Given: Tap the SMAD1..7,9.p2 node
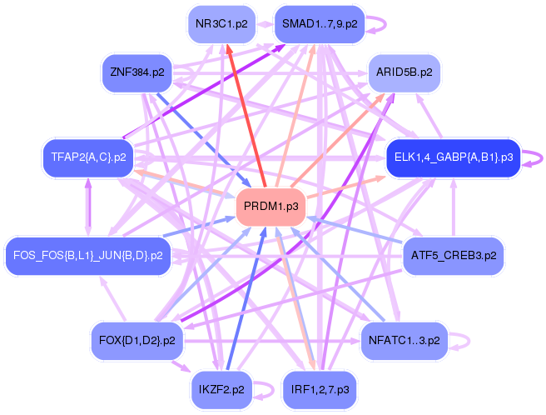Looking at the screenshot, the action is (x=320, y=23).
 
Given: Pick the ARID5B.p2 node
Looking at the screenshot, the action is (x=404, y=72).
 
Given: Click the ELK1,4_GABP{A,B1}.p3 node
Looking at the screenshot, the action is (x=453, y=156).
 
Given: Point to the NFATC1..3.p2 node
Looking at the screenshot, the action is (x=405, y=340).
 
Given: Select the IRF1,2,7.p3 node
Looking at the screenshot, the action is (x=320, y=389).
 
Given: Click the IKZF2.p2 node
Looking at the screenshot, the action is (x=221, y=389).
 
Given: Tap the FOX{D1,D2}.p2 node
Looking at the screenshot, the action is (x=136, y=340).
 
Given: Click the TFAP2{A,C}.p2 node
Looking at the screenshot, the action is (x=87, y=156).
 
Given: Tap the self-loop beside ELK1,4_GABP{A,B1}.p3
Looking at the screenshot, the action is (x=535, y=156).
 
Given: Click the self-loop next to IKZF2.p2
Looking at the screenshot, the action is (x=266, y=389).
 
